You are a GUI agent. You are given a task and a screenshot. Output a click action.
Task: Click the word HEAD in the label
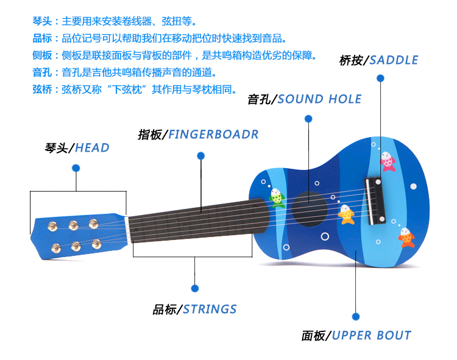[93, 147]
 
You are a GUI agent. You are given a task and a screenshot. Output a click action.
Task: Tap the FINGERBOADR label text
[213, 134]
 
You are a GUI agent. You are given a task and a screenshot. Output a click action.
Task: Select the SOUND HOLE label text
[319, 99]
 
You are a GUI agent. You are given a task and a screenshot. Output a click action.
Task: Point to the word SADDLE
[394, 60]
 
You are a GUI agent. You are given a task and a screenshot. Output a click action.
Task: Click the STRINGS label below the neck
[210, 309]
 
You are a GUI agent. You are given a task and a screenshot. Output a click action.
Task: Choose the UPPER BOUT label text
[372, 336]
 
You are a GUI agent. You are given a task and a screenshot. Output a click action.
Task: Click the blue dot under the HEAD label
[76, 168]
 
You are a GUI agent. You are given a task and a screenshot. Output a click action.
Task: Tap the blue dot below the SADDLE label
[380, 78]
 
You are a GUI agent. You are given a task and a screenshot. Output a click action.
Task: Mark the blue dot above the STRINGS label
[195, 288]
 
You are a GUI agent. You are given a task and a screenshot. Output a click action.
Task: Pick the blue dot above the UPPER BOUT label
[356, 316]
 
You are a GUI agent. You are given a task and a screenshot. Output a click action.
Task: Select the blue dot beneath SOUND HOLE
[308, 118]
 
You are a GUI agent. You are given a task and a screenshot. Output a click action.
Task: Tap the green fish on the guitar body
[277, 196]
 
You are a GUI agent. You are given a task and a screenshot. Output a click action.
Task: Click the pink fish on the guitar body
[388, 161]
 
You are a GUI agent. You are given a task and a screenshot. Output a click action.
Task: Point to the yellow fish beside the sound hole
[347, 214]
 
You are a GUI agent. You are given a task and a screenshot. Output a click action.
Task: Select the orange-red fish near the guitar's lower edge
[406, 237]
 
